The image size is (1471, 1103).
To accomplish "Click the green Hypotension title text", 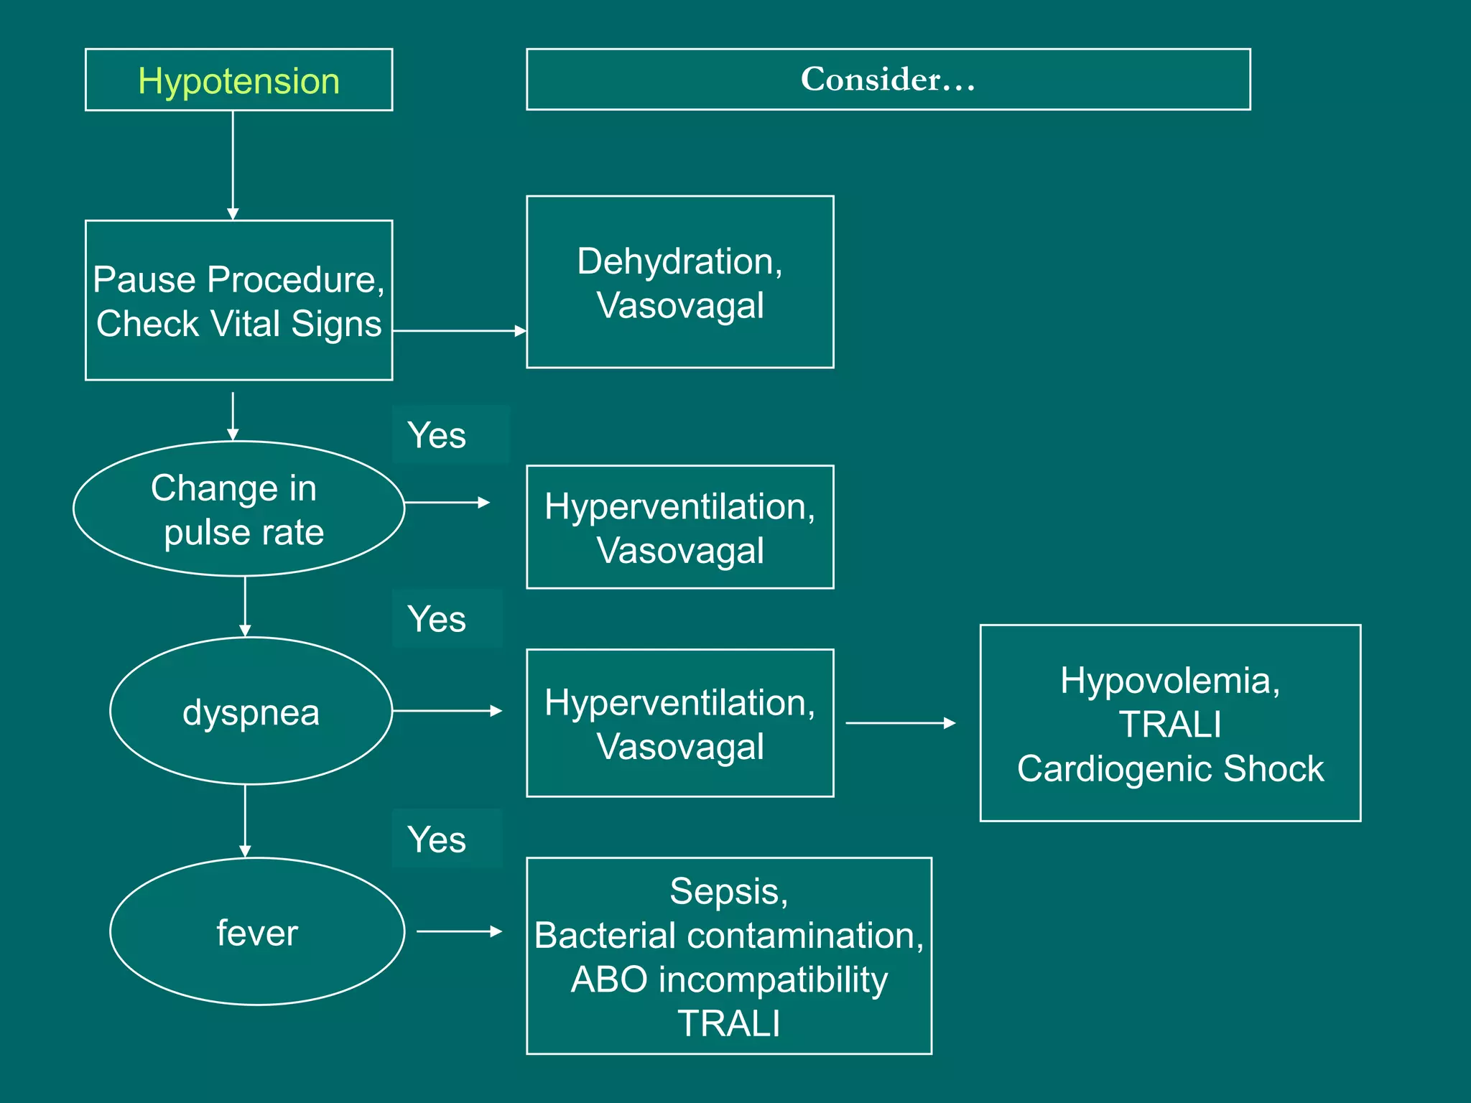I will click(x=238, y=80).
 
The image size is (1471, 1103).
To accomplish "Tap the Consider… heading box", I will click(x=888, y=79).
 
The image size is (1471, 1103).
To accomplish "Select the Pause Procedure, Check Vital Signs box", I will click(x=238, y=300).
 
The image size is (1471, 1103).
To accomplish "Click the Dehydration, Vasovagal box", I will click(x=679, y=282).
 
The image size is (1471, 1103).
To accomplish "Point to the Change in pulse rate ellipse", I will click(x=238, y=509).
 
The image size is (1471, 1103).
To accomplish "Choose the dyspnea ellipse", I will click(x=251, y=712).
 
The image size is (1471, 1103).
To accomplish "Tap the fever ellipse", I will click(x=257, y=932).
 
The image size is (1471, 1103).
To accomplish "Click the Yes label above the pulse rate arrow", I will click(x=437, y=435).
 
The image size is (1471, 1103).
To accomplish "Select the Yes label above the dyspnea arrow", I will click(x=437, y=619).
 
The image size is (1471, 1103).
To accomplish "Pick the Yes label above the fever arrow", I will click(x=437, y=839).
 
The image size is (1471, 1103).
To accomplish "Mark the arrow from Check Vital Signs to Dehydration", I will click(x=460, y=331).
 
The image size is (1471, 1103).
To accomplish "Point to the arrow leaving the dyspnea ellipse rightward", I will click(x=447, y=711).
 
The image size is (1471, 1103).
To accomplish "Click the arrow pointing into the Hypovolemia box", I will click(x=901, y=723).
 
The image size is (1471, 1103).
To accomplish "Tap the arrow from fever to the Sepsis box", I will click(x=460, y=931).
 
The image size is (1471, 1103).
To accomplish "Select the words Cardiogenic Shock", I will click(x=1170, y=768).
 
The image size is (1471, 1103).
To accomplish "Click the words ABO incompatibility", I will click(x=729, y=979).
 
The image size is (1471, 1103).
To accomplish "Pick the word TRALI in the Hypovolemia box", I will click(x=1170, y=724).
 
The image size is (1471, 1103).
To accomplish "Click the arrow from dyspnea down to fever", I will click(x=245, y=820).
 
